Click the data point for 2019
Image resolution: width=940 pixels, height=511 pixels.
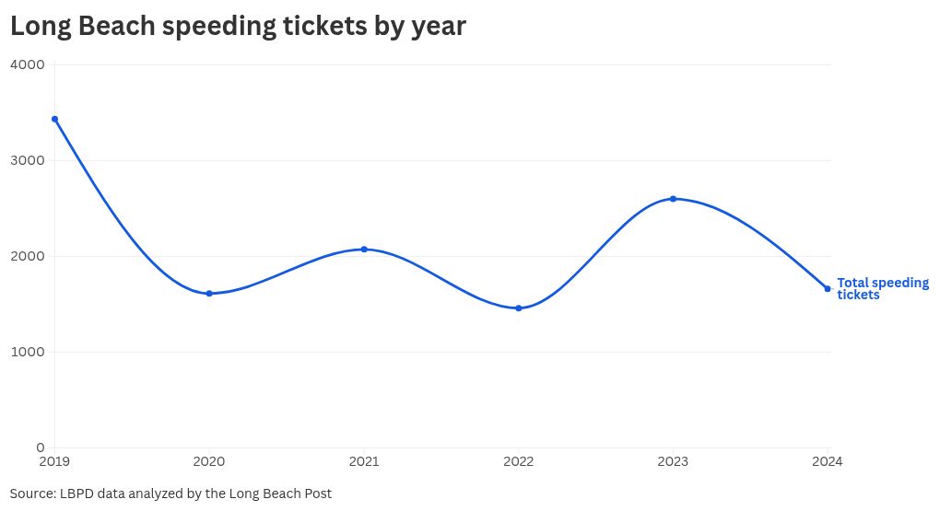click(x=54, y=119)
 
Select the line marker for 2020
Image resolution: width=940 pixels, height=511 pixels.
click(x=209, y=294)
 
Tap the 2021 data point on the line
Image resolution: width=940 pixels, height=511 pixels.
click(x=364, y=250)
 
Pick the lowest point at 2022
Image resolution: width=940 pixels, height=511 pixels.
click(x=519, y=308)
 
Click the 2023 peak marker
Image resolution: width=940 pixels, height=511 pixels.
click(x=673, y=199)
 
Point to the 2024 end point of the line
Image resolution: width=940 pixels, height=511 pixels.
click(x=828, y=289)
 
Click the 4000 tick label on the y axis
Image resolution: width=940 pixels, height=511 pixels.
click(x=28, y=64)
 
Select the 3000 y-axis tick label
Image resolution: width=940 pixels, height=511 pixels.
click(x=28, y=160)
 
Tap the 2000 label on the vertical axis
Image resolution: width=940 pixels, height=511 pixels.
click(x=28, y=256)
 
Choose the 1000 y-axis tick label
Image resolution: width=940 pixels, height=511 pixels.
click(x=28, y=352)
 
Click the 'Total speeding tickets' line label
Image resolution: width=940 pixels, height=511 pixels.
click(x=882, y=289)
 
